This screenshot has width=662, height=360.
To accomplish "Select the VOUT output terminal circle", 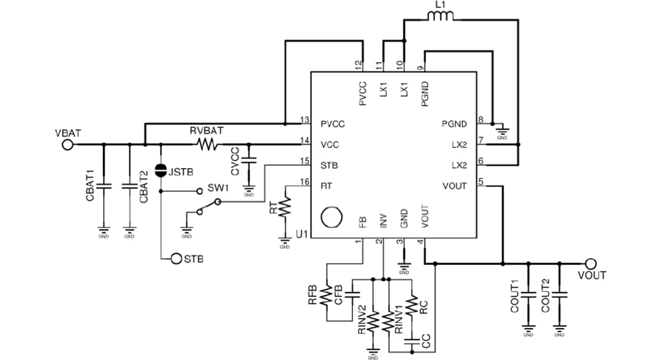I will [x=590, y=263].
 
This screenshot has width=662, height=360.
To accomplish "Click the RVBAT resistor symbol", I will [x=207, y=145].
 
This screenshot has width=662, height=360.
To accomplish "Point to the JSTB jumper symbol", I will [x=161, y=170].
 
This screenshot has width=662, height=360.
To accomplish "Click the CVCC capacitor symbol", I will [x=249, y=161].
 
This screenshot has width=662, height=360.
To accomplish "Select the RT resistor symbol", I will [x=284, y=207].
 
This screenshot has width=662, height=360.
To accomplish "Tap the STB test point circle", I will [x=176, y=259].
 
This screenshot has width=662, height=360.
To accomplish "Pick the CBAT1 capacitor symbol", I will [x=104, y=185].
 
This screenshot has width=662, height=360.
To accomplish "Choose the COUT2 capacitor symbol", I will [x=559, y=295].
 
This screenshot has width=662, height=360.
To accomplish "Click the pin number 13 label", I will [x=303, y=120].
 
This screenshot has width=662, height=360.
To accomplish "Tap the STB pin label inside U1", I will [x=329, y=166].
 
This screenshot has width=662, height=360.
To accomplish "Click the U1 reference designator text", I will [x=301, y=234].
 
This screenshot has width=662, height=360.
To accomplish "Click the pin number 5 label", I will [x=481, y=182].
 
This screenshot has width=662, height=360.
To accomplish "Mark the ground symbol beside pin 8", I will [x=503, y=132].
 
